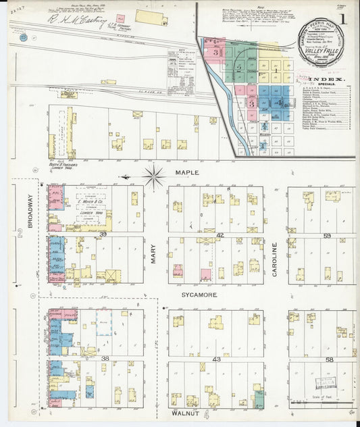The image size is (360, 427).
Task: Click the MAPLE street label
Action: (x=188, y=173)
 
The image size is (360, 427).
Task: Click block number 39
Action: (x=104, y=234)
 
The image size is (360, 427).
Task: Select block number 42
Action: (x=220, y=234)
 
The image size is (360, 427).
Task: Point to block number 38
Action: (x=105, y=358)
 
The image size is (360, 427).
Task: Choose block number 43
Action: (x=216, y=359)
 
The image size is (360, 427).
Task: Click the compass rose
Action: (x=155, y=177)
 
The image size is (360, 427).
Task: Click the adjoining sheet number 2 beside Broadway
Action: (x=20, y=234)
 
